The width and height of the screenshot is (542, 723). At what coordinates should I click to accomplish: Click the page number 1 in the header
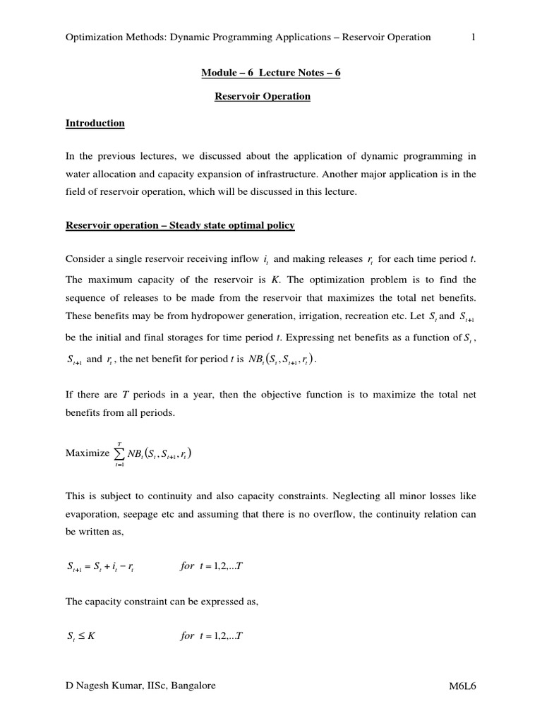click(474, 37)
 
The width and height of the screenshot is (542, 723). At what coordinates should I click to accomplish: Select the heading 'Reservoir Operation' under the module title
click(263, 96)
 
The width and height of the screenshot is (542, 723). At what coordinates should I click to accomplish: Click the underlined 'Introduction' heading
click(95, 123)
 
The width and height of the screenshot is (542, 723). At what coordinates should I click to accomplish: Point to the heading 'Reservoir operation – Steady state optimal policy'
click(180, 225)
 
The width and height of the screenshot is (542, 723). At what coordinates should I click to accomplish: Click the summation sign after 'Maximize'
click(119, 453)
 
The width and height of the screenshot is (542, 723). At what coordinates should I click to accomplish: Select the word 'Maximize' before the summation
click(88, 454)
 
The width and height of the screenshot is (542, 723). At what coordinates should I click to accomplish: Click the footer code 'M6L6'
click(462, 686)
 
